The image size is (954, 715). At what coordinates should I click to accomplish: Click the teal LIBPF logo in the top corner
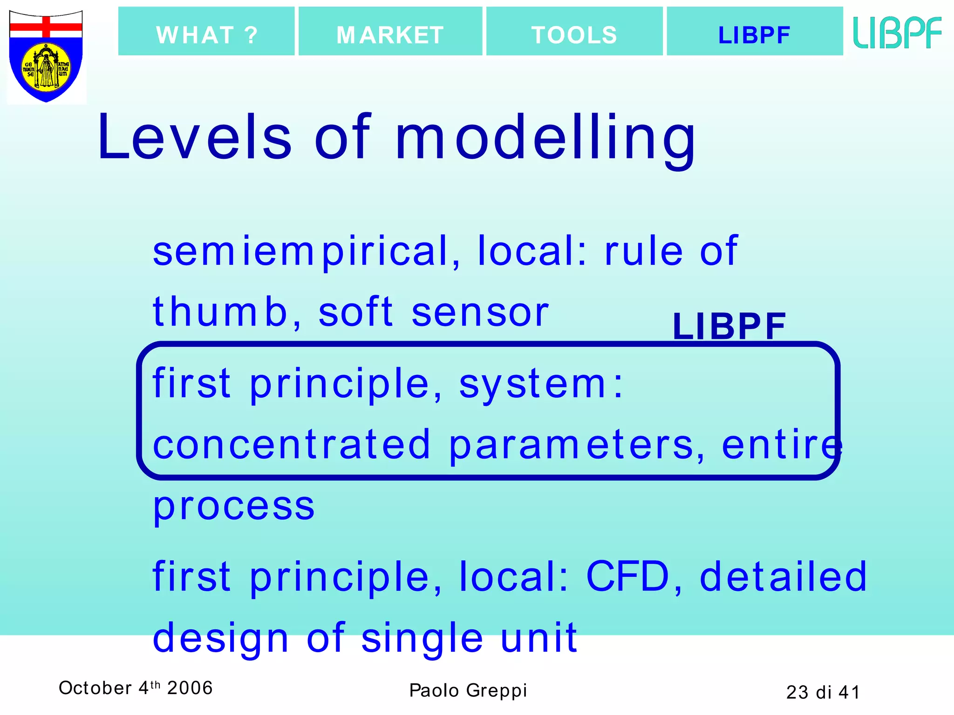click(x=897, y=33)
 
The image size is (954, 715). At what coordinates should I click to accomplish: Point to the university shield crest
click(x=46, y=56)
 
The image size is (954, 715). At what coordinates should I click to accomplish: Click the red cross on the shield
click(x=46, y=27)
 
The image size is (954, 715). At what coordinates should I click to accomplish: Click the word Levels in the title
click(x=194, y=138)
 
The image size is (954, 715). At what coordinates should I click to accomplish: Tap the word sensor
click(x=480, y=312)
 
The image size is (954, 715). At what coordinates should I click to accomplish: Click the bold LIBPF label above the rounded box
click(x=729, y=326)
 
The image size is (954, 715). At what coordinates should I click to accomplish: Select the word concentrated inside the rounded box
click(x=291, y=445)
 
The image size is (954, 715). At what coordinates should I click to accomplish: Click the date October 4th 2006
click(x=136, y=688)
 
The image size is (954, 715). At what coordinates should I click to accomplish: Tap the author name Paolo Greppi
click(x=468, y=690)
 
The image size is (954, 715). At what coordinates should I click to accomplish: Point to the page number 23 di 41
click(x=823, y=692)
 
